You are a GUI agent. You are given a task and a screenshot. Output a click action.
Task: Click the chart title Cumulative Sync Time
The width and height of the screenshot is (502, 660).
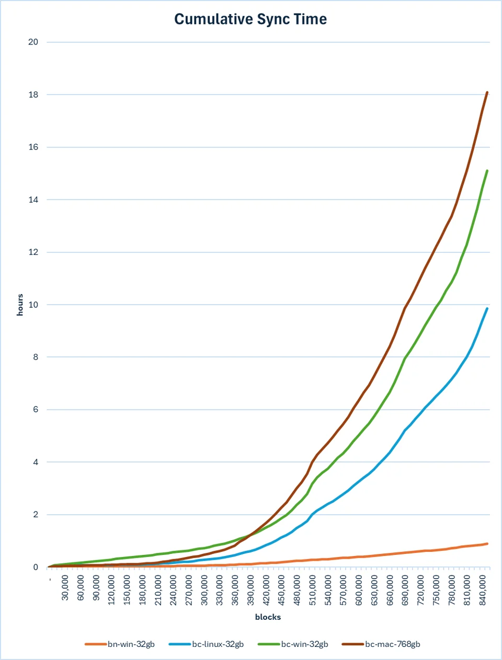tap(250, 19)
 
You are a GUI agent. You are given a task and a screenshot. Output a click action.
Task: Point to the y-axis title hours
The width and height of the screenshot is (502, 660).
tap(20, 305)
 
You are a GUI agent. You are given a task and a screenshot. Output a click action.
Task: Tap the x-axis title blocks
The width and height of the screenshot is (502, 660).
tap(268, 617)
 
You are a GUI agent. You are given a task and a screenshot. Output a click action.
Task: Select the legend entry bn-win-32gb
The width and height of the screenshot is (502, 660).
tap(120, 644)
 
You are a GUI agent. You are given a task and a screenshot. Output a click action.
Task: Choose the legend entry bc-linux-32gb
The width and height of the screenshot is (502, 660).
tap(207, 644)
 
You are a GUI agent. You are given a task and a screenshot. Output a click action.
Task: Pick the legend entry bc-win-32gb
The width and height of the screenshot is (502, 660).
tap(293, 644)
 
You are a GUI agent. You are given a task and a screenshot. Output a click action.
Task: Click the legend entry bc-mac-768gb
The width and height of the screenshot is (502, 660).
tap(381, 644)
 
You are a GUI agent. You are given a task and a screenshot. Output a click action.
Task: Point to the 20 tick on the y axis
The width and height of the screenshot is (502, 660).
tap(33, 42)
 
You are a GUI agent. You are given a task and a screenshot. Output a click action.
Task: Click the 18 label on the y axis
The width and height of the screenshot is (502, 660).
tap(33, 95)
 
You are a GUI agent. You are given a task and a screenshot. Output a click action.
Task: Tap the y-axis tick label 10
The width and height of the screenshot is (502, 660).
tap(33, 305)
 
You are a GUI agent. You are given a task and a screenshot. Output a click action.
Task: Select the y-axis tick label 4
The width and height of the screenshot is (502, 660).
tap(36, 462)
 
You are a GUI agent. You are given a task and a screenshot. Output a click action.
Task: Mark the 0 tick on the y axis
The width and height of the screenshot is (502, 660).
tap(36, 567)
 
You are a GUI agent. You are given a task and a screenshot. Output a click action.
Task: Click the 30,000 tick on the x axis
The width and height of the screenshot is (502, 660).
tap(65, 587)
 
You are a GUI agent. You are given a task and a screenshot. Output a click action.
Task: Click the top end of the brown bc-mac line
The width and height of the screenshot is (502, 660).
tap(487, 92)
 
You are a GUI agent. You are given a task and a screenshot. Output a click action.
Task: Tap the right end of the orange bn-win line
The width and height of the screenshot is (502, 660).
tap(487, 543)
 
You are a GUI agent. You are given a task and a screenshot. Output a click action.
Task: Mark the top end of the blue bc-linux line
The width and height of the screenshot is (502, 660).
tap(487, 308)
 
